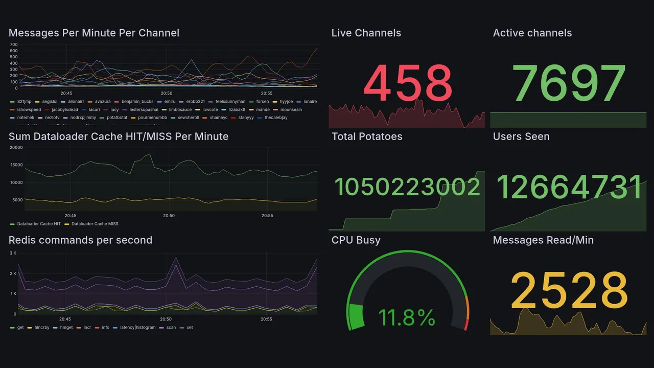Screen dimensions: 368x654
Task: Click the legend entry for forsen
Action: (262, 102)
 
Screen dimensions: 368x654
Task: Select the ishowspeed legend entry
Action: (29, 110)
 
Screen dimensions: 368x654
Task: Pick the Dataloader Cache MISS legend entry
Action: (95, 224)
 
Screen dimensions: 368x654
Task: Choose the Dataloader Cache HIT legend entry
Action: (38, 224)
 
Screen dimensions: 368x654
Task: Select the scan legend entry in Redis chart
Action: (171, 328)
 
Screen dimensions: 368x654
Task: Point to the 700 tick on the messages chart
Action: (14, 44)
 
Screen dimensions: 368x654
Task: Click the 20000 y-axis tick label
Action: (16, 148)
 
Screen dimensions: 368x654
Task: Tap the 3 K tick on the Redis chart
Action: (13, 254)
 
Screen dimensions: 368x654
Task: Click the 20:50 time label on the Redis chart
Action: (166, 319)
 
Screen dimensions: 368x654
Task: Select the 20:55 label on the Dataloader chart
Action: (267, 216)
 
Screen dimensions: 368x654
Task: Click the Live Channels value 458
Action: (408, 83)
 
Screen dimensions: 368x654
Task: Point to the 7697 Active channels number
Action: (569, 83)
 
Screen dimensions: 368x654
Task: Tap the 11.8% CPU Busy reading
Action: (407, 318)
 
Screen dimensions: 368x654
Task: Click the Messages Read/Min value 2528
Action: (569, 290)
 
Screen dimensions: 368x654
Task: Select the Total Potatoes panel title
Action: (367, 136)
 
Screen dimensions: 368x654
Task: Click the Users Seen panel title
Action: (521, 136)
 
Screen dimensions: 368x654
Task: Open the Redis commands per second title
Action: (80, 240)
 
